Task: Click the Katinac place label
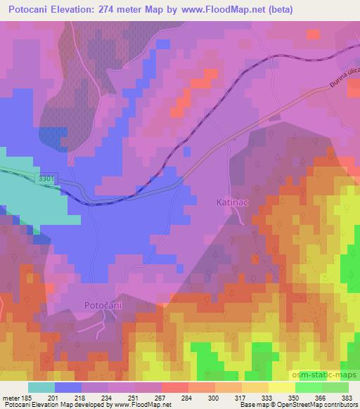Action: tap(231, 202)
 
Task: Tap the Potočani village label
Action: tap(103, 305)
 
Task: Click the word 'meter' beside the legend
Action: tap(11, 398)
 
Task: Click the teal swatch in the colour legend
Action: tap(41, 387)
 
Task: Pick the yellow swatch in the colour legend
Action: tap(281, 387)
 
